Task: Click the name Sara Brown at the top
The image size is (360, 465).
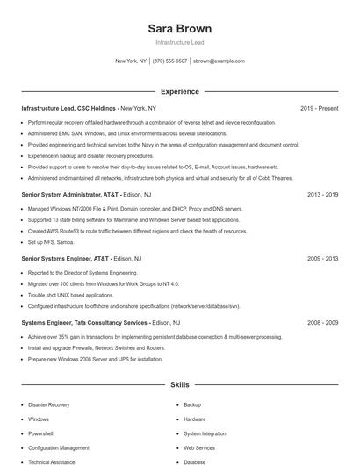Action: point(180,28)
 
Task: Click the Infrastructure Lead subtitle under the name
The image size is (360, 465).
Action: point(180,42)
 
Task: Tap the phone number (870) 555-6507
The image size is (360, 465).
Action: point(169,61)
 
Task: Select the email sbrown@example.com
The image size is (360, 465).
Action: point(219,61)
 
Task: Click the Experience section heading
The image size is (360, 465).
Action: point(180,91)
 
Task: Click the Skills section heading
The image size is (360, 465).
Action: point(180,384)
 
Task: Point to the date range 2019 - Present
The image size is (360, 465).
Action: point(319,108)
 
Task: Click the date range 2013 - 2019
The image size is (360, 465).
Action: point(322,194)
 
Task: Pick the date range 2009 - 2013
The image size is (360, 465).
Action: point(322,259)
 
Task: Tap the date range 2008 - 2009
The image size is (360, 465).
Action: point(322,323)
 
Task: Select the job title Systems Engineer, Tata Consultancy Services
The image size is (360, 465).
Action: point(84,323)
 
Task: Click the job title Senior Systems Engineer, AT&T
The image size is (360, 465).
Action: point(65,259)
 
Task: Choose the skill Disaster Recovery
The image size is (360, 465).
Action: point(48,405)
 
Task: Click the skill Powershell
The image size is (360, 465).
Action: point(40,433)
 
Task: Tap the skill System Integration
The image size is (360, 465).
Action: point(205,433)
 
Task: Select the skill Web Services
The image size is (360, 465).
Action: point(199,447)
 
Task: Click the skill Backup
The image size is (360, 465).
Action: point(192,405)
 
